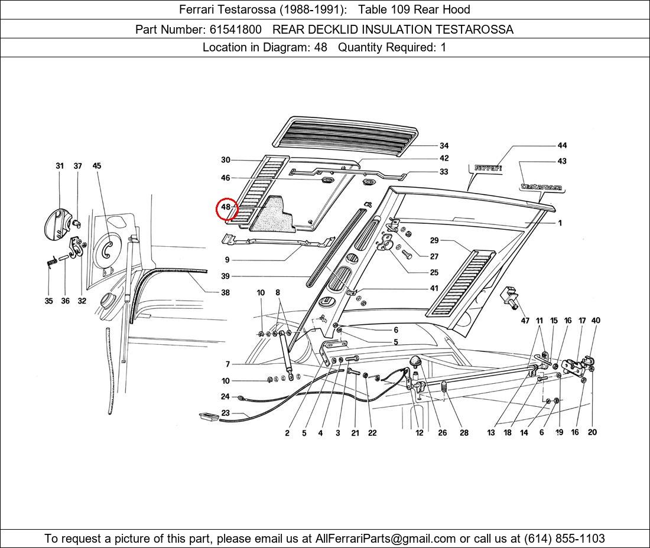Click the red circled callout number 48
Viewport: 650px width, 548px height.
click(x=226, y=208)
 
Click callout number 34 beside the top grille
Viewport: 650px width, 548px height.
click(x=444, y=146)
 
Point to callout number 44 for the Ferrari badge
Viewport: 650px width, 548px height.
click(x=562, y=145)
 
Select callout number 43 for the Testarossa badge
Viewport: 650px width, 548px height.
click(x=562, y=161)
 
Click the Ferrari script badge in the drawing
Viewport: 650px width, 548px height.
click(x=488, y=168)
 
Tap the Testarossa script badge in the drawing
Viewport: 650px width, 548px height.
click(x=541, y=187)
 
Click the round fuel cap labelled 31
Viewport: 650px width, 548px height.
click(x=57, y=223)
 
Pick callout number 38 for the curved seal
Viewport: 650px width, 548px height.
click(x=225, y=292)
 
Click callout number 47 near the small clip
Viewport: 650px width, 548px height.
click(x=525, y=321)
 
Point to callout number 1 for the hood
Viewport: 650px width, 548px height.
click(x=560, y=223)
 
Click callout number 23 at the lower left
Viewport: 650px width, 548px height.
click(x=225, y=413)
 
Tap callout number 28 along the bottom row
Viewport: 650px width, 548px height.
click(x=464, y=433)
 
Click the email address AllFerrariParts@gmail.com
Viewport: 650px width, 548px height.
click(x=386, y=539)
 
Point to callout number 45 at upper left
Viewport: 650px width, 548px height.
click(x=97, y=166)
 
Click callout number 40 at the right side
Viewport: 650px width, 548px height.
click(x=596, y=321)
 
